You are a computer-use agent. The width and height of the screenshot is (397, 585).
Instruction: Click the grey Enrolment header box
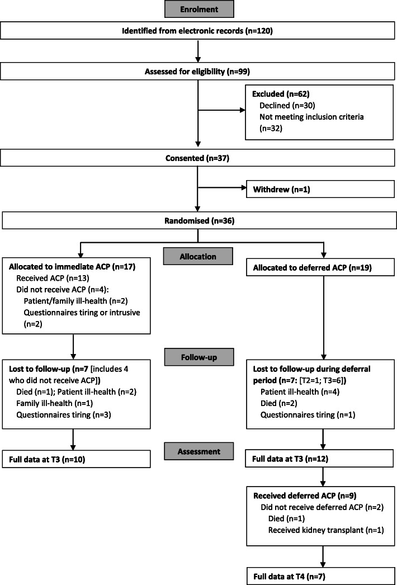(x=198, y=10)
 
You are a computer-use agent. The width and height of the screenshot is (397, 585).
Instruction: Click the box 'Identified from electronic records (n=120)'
(x=198, y=31)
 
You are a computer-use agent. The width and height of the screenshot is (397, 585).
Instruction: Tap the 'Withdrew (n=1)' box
(x=321, y=189)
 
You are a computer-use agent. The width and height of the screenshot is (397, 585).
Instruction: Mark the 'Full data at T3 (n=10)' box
(x=76, y=459)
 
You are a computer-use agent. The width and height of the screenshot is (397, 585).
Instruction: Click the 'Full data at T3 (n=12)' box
(x=321, y=459)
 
